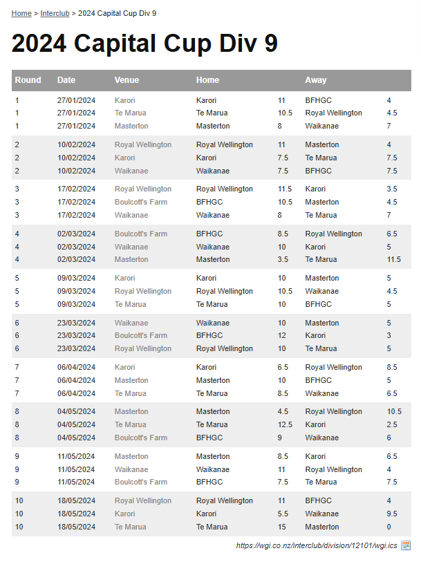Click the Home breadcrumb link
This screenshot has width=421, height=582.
[x=21, y=13]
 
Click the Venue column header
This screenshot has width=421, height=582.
[x=127, y=80]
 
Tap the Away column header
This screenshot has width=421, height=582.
[x=316, y=80]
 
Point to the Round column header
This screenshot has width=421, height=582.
[x=28, y=80]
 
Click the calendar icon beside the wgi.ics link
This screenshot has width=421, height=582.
[x=406, y=545]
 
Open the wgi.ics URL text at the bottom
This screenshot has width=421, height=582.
[x=317, y=545]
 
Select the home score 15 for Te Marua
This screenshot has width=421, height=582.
[x=282, y=527]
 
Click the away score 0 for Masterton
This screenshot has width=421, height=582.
[x=389, y=527]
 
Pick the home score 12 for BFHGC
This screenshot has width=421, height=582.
[x=282, y=335]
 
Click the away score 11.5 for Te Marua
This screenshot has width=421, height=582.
[x=394, y=259]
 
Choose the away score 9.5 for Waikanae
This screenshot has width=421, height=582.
[x=392, y=514]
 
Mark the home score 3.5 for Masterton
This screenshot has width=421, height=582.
[x=283, y=259]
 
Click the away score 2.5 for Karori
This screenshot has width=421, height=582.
[x=392, y=424]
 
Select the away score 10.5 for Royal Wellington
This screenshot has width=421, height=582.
[x=394, y=411]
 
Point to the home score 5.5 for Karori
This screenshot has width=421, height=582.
[x=283, y=514]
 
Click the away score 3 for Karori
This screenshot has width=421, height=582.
[x=389, y=335]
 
